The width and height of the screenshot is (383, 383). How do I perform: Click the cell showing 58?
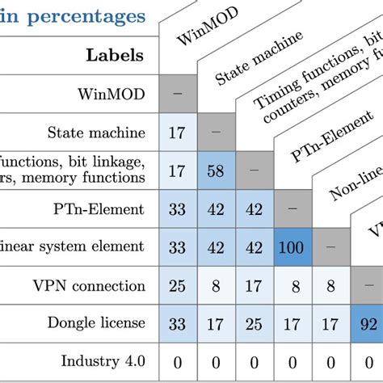point(215,170)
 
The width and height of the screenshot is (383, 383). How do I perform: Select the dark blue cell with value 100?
point(293,247)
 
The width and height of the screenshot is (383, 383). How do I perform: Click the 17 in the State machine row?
point(177,133)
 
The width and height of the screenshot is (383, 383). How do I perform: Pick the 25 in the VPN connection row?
point(177,285)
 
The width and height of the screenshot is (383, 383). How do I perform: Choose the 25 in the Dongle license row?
point(254,323)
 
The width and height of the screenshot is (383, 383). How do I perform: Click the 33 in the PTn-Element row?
point(177,209)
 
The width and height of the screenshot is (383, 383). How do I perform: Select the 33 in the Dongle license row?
point(177,323)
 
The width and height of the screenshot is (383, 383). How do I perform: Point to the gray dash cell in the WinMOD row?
point(177,95)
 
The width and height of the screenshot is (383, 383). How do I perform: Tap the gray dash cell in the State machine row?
point(215,133)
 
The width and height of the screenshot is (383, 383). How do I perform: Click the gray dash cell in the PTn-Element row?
point(293,209)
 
